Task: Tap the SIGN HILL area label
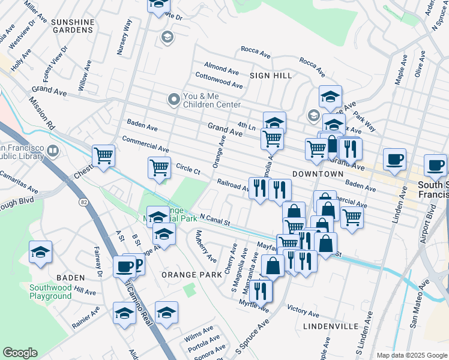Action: [271, 76]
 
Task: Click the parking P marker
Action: [136, 264]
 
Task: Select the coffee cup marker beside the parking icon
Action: [124, 266]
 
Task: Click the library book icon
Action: [53, 151]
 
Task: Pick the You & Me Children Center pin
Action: [174, 99]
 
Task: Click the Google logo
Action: [20, 353]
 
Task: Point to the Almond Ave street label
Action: [221, 68]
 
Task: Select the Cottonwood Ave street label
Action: [218, 80]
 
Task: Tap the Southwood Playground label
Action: [51, 292]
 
